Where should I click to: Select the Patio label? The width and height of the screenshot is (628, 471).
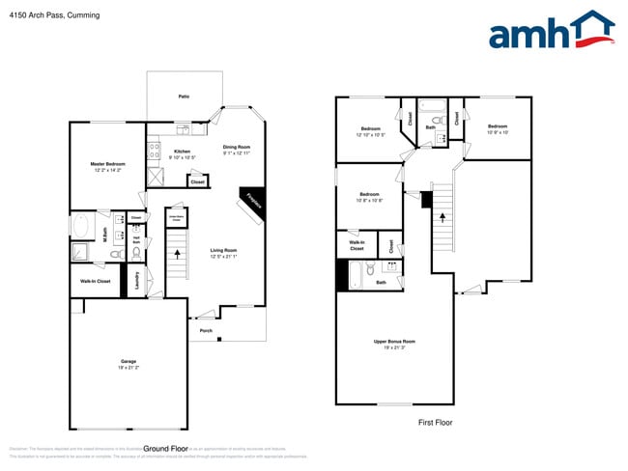click(184, 97)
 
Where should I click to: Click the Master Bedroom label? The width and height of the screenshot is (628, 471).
click(106, 166)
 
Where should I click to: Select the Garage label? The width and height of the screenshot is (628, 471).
click(128, 364)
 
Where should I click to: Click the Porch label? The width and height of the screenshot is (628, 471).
click(206, 331)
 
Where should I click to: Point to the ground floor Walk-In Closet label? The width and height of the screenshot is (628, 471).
click(95, 281)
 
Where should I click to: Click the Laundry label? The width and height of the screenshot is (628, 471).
click(137, 281)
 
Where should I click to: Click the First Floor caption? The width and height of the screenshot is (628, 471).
click(435, 422)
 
